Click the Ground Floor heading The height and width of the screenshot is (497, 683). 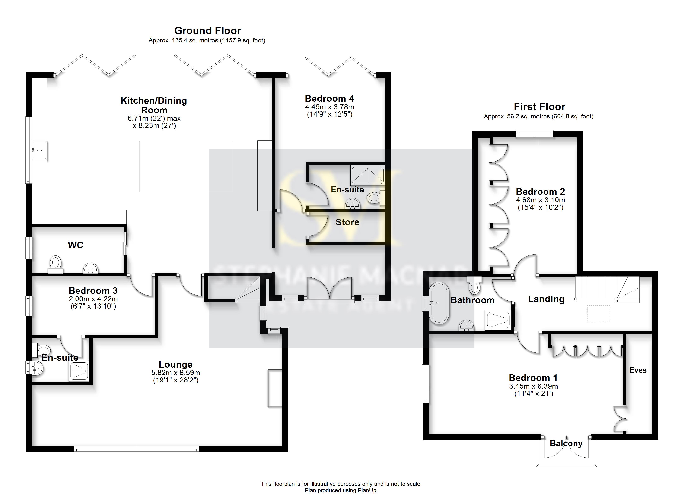208,31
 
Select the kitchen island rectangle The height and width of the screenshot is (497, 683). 185,167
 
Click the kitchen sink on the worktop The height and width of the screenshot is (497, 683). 40,150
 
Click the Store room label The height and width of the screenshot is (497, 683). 347,222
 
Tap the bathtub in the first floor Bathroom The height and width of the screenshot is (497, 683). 439,303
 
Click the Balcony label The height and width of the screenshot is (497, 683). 566,443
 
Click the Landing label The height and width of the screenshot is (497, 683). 546,299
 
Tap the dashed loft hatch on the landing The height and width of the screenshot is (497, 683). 598,314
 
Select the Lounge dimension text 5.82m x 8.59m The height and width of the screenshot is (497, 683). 176,373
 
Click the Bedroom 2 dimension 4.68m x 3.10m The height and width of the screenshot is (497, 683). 540,200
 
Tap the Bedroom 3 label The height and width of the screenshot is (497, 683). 93,291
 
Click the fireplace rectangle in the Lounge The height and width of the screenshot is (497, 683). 275,388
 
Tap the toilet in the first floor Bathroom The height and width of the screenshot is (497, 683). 474,287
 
